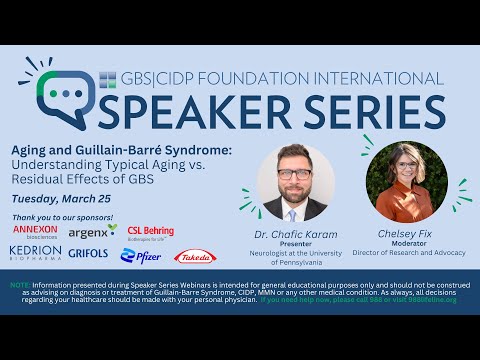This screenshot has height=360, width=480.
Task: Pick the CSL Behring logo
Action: [151, 232]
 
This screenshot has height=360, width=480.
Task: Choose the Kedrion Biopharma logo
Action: [35, 254]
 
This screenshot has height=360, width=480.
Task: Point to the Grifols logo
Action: [89, 254]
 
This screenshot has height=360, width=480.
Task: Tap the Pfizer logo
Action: [141, 256]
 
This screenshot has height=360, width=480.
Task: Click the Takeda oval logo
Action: [193, 257]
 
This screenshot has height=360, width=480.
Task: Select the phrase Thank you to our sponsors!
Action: [62, 217]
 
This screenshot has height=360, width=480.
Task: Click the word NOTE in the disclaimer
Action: [19, 284]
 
